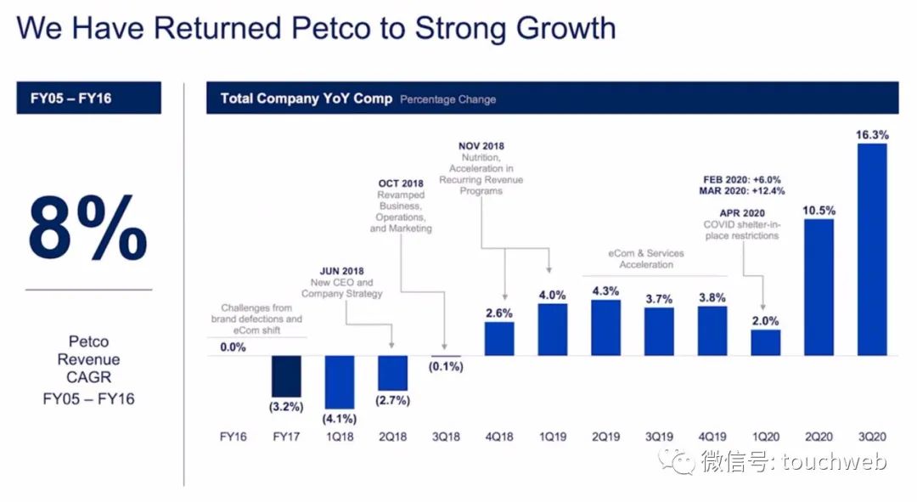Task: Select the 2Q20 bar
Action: click(x=819, y=287)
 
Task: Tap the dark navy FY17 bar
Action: click(x=285, y=375)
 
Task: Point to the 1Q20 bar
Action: click(x=765, y=342)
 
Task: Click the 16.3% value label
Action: click(x=872, y=134)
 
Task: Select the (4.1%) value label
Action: click(x=339, y=418)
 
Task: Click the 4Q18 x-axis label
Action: click(x=499, y=437)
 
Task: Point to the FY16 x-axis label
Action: click(x=233, y=437)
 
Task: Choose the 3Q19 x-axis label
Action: click(x=659, y=437)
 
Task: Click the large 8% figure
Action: click(x=87, y=228)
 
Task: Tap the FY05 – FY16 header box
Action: click(x=88, y=98)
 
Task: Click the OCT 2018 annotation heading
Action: click(x=401, y=183)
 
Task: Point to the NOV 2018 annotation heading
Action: click(x=481, y=146)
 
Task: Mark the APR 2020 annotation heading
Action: click(x=741, y=212)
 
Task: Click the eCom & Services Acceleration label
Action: click(x=646, y=259)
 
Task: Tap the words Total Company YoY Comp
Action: click(x=306, y=99)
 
